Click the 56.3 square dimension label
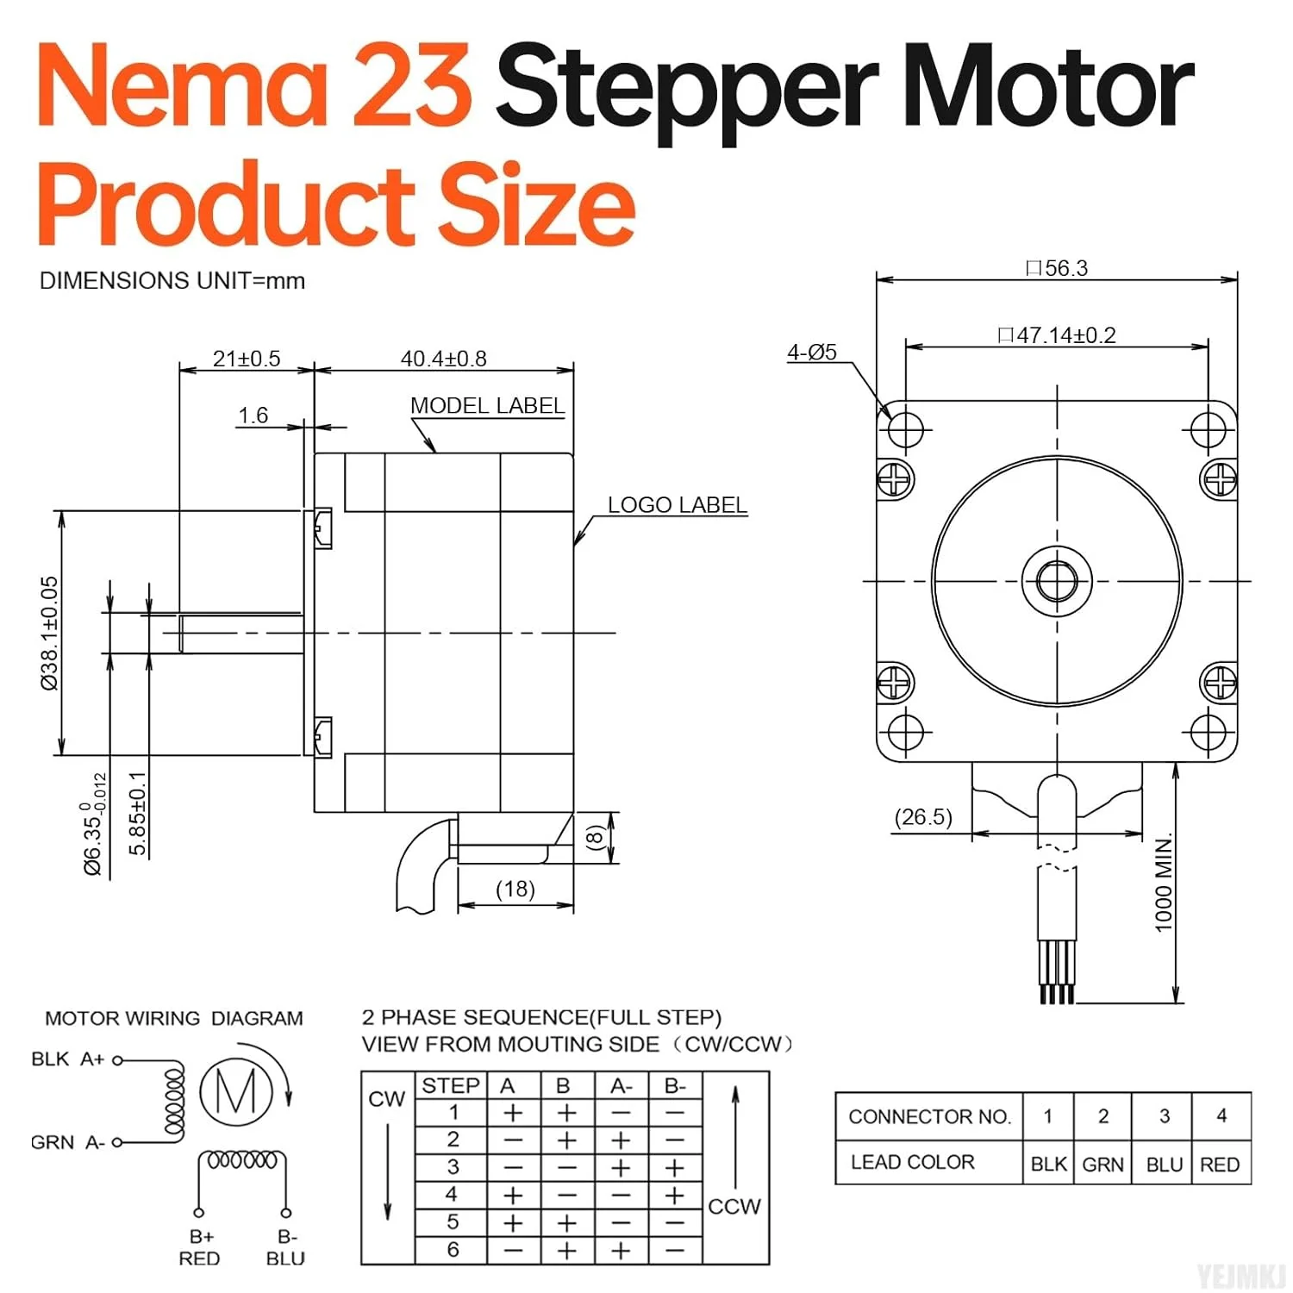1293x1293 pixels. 1058,268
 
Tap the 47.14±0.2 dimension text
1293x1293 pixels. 1057,335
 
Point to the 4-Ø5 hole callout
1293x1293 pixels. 811,352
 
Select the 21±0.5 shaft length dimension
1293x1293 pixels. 247,359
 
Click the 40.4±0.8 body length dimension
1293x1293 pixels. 443,359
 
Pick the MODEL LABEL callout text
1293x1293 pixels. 487,405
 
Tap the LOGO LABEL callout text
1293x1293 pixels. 677,505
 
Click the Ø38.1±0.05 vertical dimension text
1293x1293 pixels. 50,633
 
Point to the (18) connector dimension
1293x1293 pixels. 515,889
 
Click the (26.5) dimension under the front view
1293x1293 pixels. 923,816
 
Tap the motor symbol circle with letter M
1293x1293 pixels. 236,1092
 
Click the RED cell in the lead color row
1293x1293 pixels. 1220,1165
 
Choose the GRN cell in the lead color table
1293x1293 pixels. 1102,1165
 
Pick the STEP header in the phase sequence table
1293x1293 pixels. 451,1086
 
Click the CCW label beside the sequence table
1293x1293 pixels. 734,1206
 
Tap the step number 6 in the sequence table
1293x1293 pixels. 453,1250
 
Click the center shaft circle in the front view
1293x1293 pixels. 1057,581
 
